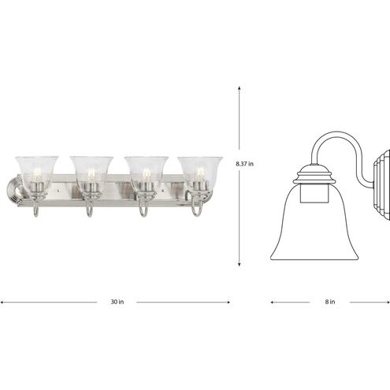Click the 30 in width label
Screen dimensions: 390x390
pyautogui.click(x=117, y=300)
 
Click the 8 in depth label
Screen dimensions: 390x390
pyautogui.click(x=329, y=300)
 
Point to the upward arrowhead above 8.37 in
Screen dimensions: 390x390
pyautogui.click(x=240, y=88)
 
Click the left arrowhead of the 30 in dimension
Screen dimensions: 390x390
pyautogui.click(x=3, y=300)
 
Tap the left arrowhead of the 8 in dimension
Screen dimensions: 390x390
pyautogui.click(x=272, y=300)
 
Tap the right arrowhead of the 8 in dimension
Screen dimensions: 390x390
pyautogui.click(x=387, y=300)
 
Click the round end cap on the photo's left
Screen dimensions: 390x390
pyautogui.click(x=14, y=192)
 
